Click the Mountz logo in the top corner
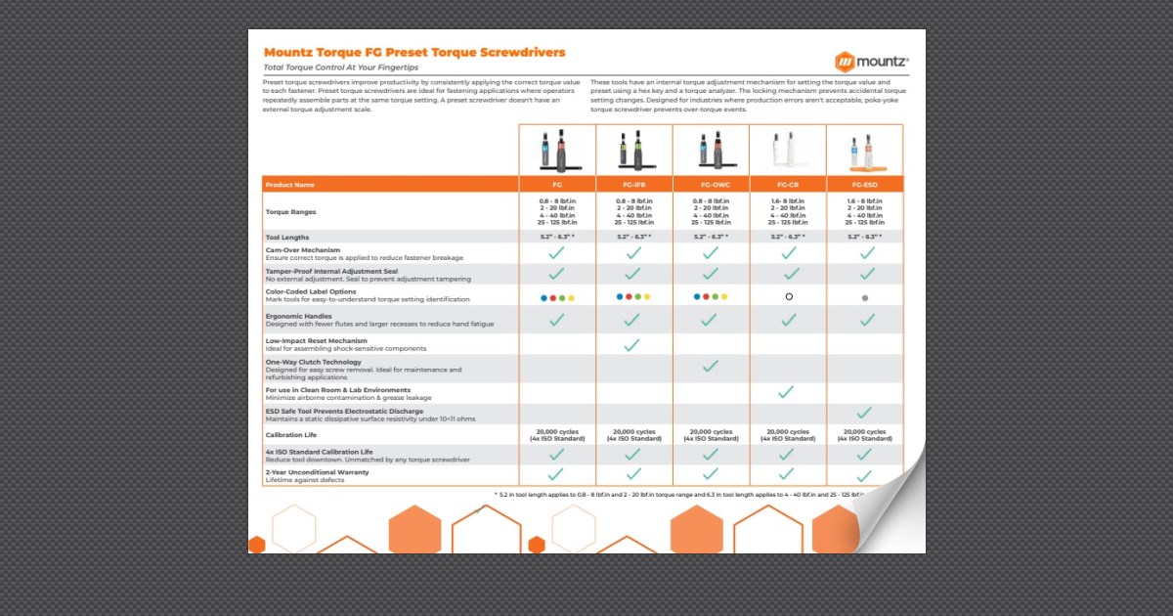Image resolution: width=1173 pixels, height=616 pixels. [871, 61]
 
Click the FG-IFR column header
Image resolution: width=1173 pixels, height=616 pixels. [632, 184]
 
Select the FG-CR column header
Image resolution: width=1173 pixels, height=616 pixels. [788, 184]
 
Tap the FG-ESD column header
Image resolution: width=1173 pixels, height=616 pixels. [864, 184]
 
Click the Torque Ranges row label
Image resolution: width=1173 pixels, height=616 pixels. [290, 211]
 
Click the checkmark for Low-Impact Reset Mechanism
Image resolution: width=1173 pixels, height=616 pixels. [632, 345]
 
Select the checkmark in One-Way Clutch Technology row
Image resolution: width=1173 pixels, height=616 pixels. [711, 366]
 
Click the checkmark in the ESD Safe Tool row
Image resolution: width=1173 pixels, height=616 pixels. [864, 414]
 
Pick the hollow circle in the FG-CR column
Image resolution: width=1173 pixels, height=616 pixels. [789, 296]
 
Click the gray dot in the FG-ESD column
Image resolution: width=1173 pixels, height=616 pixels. [865, 297]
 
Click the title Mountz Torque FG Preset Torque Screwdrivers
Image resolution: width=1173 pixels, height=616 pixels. [414, 52]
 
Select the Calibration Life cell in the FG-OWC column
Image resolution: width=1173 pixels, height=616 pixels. [711, 434]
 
